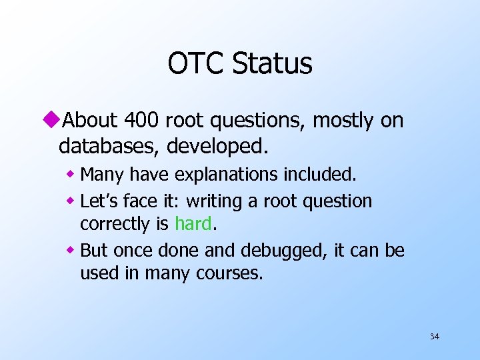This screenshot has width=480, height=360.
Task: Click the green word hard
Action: pos(193,224)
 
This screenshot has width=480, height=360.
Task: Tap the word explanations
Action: pos(227,175)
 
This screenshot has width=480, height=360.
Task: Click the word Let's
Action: pos(99,201)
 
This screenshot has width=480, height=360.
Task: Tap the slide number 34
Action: pos(434,337)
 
